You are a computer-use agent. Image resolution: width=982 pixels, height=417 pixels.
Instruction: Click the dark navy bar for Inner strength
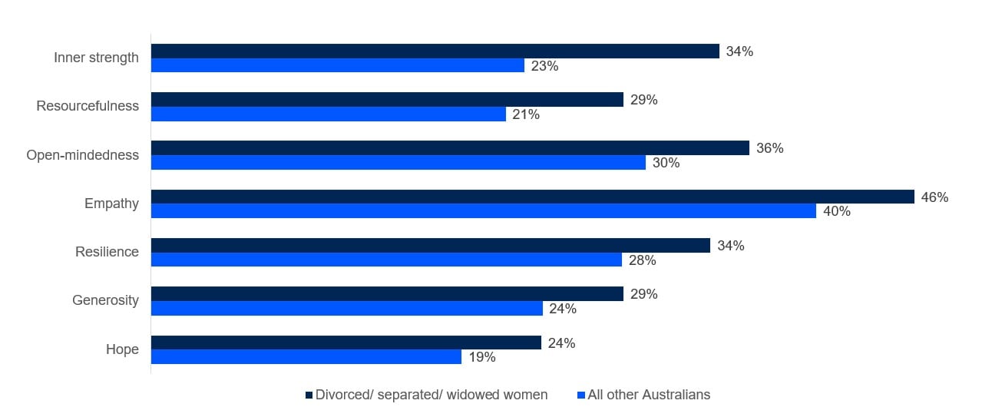click(435, 51)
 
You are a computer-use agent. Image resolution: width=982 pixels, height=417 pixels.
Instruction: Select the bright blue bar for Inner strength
click(337, 66)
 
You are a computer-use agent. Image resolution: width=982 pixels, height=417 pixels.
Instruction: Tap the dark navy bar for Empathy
click(532, 197)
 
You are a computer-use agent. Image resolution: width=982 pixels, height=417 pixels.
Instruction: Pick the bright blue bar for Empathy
click(483, 211)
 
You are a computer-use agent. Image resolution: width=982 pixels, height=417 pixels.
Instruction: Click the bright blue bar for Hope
click(306, 357)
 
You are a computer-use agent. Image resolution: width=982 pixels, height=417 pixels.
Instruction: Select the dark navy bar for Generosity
click(387, 294)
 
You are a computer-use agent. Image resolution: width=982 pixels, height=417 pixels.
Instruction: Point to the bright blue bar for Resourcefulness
click(328, 114)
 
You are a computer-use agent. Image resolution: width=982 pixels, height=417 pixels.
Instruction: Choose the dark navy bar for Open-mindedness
click(449, 148)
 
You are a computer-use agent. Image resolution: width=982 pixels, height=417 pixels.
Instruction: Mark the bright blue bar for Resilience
click(386, 260)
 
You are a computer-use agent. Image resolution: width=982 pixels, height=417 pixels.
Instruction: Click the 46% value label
click(934, 197)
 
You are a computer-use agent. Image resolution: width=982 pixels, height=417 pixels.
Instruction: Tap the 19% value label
click(482, 357)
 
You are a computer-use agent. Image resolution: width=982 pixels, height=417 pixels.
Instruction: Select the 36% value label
click(769, 148)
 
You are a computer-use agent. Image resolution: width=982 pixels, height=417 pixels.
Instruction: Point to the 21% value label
click(526, 114)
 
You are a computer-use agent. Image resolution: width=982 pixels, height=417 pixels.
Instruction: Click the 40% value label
click(836, 211)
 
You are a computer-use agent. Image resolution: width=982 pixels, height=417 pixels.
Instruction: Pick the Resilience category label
click(107, 252)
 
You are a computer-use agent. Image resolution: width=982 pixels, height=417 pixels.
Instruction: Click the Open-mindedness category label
click(83, 155)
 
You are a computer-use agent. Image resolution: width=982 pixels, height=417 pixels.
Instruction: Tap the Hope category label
click(122, 349)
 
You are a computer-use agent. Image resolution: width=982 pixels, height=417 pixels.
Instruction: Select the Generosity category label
click(105, 300)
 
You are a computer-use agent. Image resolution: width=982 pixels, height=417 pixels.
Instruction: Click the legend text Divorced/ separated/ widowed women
click(431, 395)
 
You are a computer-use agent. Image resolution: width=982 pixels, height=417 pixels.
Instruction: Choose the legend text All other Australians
click(649, 395)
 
